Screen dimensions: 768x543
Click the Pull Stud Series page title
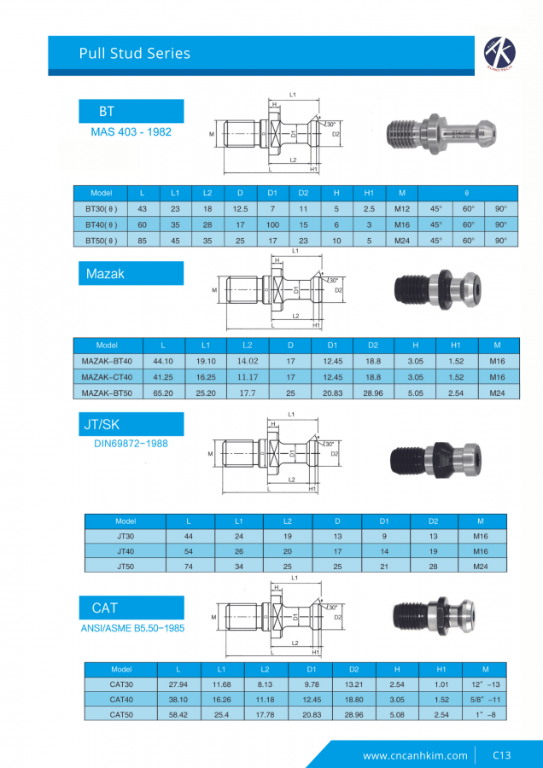[x=134, y=54]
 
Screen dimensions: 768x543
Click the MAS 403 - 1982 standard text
[x=131, y=132]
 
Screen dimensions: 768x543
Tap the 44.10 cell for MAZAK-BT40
[x=162, y=361]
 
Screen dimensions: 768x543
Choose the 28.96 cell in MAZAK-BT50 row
[x=373, y=393]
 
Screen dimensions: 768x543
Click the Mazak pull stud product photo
[x=438, y=289]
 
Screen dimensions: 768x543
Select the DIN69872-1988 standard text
[x=131, y=444]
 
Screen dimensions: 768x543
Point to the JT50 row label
[x=126, y=566]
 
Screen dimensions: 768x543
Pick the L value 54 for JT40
[x=189, y=551]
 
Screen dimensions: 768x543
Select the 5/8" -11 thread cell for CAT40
[x=485, y=699]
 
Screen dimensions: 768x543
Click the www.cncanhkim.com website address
[x=415, y=755]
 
